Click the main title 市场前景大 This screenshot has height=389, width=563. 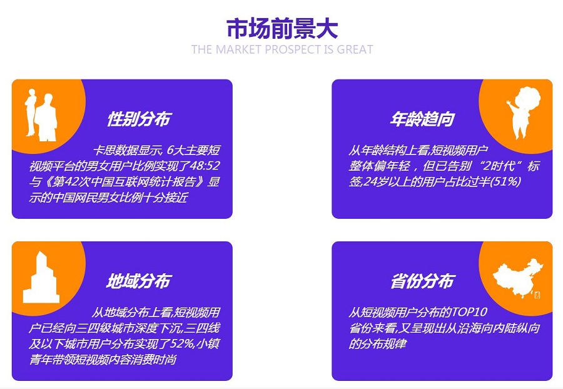pyautogui.click(x=282, y=28)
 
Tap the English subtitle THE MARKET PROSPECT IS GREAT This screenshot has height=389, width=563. pyautogui.click(x=282, y=49)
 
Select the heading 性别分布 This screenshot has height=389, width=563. pyautogui.click(x=139, y=119)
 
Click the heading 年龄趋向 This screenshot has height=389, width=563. pyautogui.click(x=423, y=119)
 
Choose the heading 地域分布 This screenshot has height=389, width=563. pyautogui.click(x=139, y=281)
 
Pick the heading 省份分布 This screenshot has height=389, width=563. pyautogui.click(x=423, y=281)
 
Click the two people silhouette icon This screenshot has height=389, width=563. pyautogui.click(x=41, y=115)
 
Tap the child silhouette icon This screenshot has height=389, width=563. pyautogui.click(x=524, y=113)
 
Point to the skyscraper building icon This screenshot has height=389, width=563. pyautogui.click(x=41, y=277)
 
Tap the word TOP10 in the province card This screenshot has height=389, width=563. pyautogui.click(x=469, y=312)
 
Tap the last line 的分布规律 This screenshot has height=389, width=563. pyautogui.click(x=378, y=344)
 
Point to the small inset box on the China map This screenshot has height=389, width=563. pyautogui.click(x=537, y=295)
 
